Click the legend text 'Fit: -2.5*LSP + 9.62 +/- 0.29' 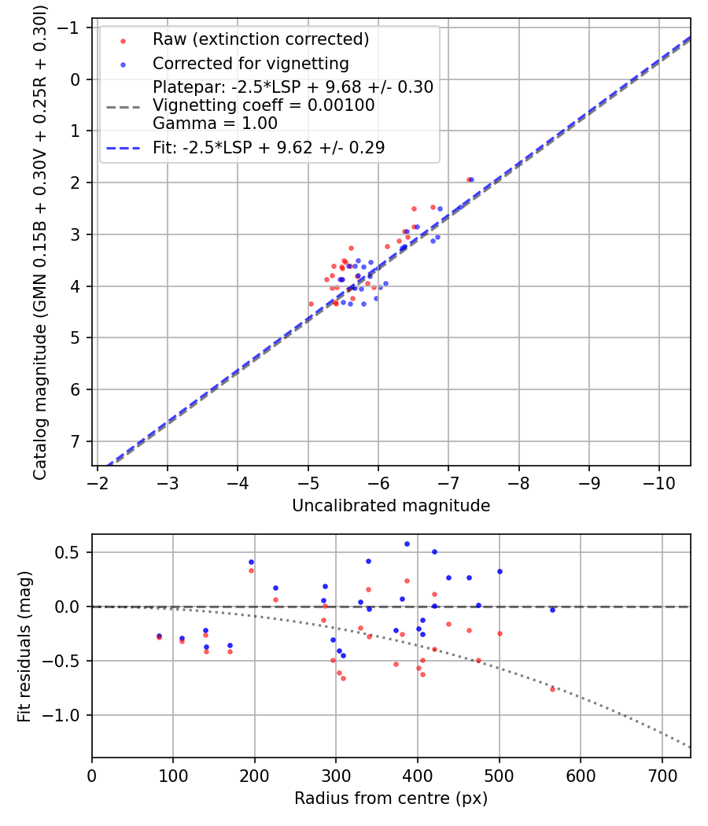tap(268, 147)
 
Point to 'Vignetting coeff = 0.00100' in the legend tap(264, 105)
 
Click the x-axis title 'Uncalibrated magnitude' tap(391, 506)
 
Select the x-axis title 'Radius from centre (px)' tap(391, 798)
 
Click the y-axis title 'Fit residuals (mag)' tap(24, 645)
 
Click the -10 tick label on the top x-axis tap(655, 481)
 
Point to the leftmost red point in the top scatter tap(311, 304)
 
